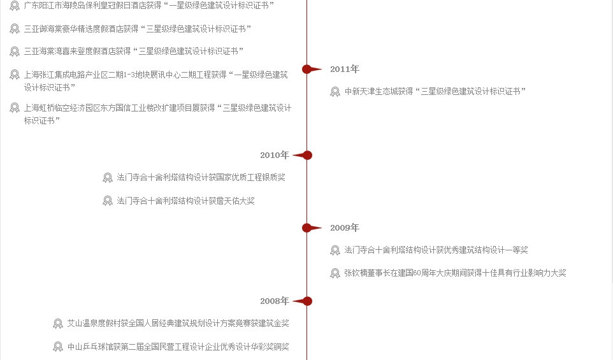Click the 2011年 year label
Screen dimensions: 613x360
(x=345, y=69)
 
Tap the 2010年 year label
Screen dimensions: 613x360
(x=275, y=155)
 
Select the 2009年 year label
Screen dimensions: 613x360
(x=345, y=228)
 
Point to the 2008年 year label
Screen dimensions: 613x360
(x=275, y=301)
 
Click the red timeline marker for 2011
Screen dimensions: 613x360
(x=312, y=69)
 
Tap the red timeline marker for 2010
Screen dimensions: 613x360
(x=303, y=155)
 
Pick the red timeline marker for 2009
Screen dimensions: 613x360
(x=312, y=228)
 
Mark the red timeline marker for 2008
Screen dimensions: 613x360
(x=303, y=301)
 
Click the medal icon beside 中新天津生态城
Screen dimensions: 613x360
(x=335, y=92)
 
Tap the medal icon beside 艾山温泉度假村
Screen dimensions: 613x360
(x=58, y=324)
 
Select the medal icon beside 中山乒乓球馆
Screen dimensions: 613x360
(x=58, y=347)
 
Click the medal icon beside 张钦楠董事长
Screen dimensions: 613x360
(x=335, y=273)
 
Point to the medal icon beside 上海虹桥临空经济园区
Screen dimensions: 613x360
(x=15, y=108)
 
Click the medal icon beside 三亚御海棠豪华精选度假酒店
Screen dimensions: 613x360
(x=15, y=29)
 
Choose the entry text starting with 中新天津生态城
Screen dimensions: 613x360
(x=435, y=92)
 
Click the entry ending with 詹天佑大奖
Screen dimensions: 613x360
(x=185, y=201)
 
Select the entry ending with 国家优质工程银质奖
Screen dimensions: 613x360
(x=201, y=178)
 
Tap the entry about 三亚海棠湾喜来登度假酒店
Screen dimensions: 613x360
(x=134, y=51)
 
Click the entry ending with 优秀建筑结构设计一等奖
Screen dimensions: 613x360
(x=436, y=250)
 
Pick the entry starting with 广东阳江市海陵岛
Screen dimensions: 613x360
(x=149, y=6)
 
